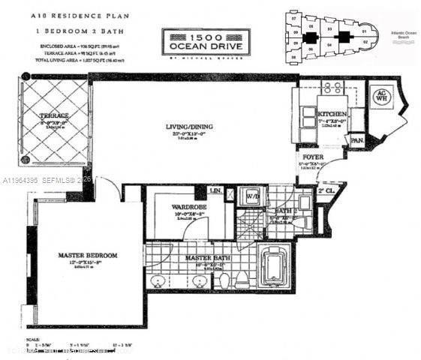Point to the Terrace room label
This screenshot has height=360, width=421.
tap(55, 115)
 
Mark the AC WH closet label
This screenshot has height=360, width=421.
tap(380, 96)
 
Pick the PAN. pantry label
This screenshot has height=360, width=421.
tap(357, 139)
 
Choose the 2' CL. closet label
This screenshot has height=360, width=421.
tap(326, 192)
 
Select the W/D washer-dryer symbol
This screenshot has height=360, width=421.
tap(253, 198)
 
